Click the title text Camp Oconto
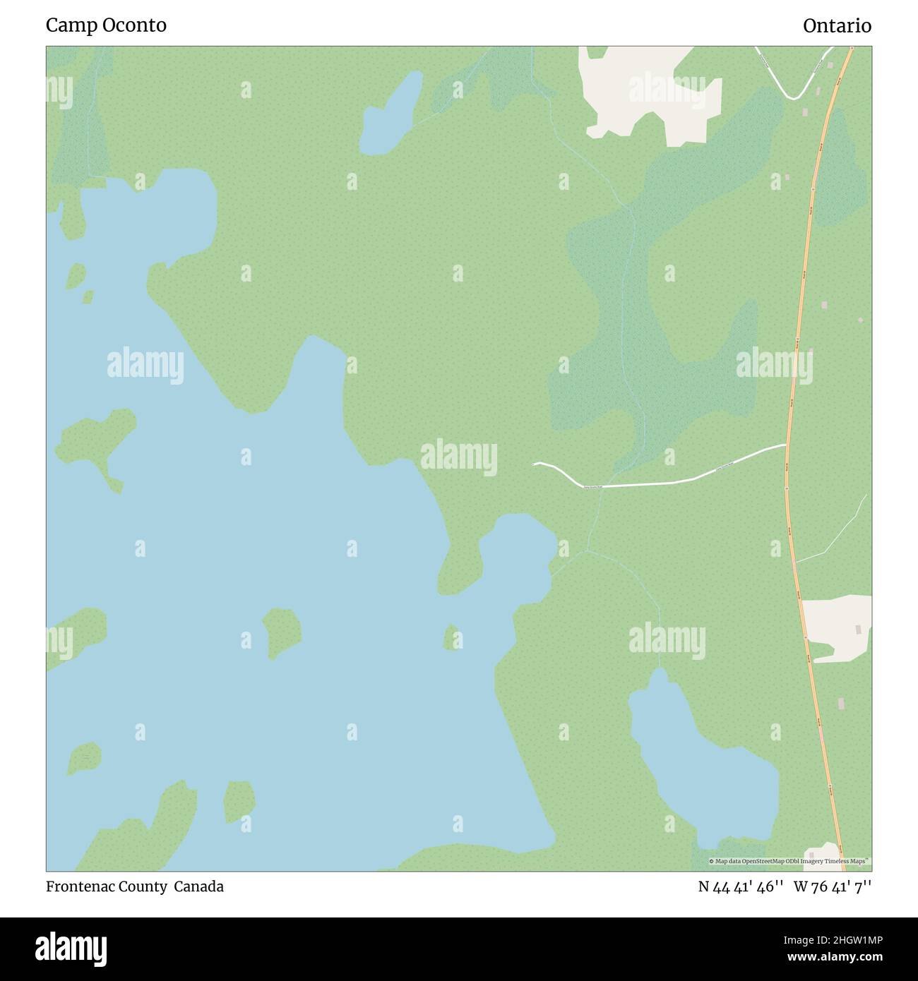(x=106, y=25)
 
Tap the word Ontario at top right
(x=837, y=25)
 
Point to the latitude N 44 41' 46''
(x=740, y=886)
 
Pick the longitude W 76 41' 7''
(x=833, y=886)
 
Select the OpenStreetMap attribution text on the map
(x=789, y=861)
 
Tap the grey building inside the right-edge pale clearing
(x=859, y=629)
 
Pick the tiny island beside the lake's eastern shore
(x=451, y=637)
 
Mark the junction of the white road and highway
(x=787, y=445)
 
